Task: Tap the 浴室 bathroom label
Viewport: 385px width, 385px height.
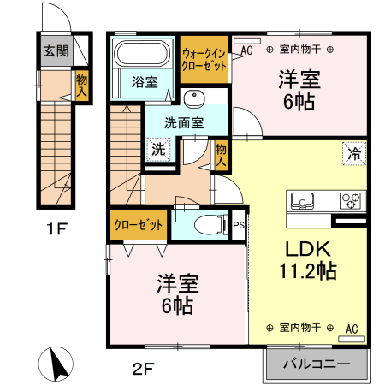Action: tap(145, 82)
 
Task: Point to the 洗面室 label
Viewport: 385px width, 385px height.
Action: tap(186, 122)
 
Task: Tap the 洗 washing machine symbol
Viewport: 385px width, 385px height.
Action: tap(158, 149)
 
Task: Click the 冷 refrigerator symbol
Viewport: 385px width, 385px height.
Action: tap(352, 154)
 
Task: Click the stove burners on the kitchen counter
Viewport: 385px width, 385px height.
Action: tap(351, 201)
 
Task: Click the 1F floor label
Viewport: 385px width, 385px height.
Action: tap(56, 230)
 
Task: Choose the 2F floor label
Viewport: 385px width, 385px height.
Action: tap(142, 370)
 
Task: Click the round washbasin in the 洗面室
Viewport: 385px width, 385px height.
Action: tap(192, 97)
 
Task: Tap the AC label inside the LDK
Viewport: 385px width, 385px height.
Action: tap(351, 328)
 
